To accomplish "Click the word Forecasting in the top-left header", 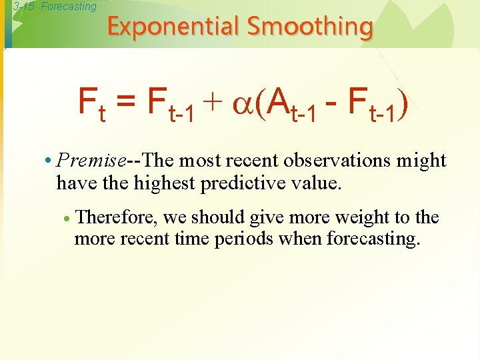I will pyautogui.click(x=69, y=7).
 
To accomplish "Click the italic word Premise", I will pyautogui.click(x=91, y=161).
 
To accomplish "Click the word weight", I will pyautogui.click(x=362, y=217).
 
